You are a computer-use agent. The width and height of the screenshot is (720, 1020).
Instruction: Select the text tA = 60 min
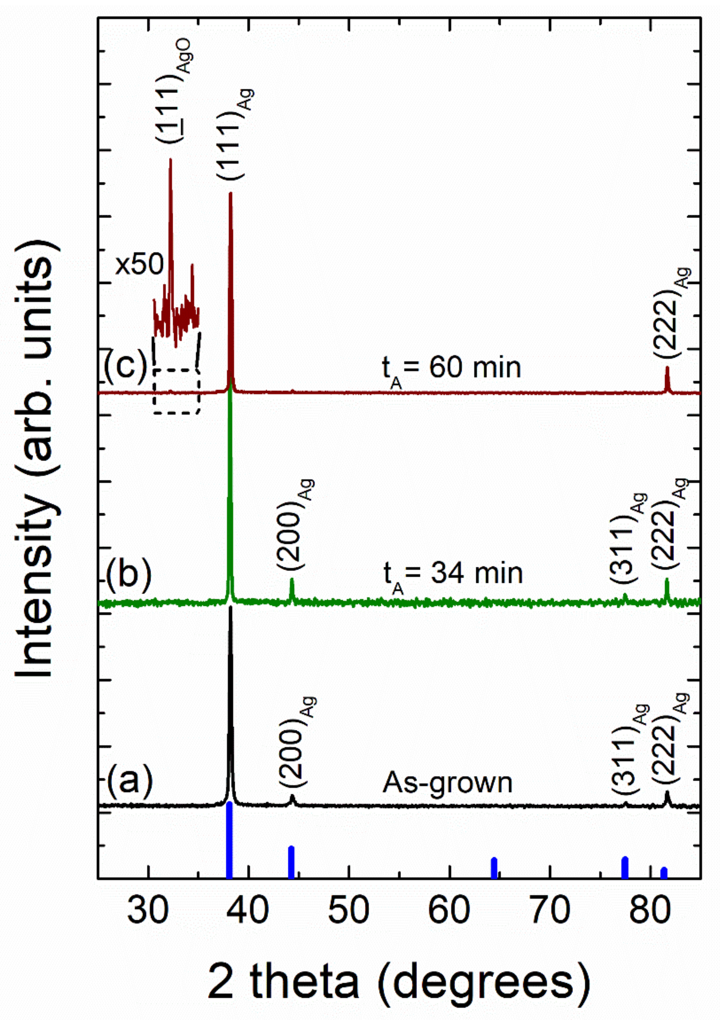pyautogui.click(x=451, y=369)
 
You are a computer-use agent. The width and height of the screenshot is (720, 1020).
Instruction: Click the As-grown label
pyautogui.click(x=447, y=782)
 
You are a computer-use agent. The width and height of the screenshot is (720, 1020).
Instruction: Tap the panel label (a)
pyautogui.click(x=129, y=781)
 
